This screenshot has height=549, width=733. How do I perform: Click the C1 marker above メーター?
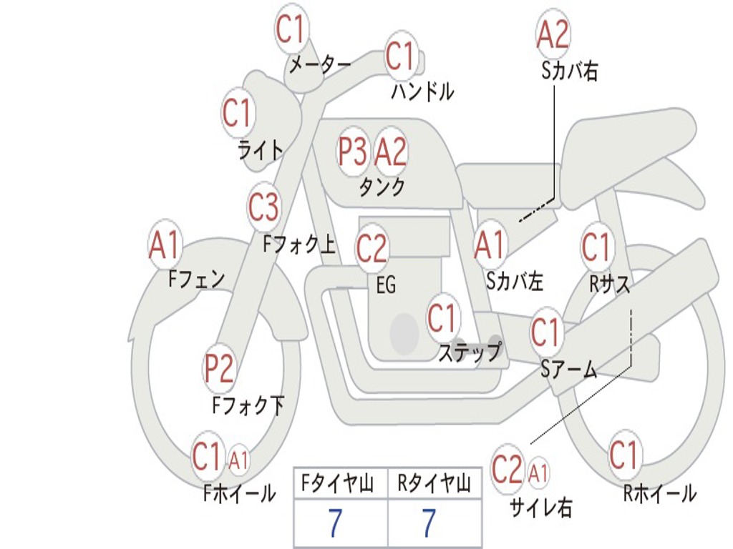click(x=291, y=28)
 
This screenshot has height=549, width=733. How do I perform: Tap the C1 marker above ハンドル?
click(x=401, y=56)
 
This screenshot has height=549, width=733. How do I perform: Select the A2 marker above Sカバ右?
click(x=553, y=33)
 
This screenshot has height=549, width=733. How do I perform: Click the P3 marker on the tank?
click(x=353, y=152)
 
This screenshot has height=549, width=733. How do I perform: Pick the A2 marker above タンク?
click(x=391, y=152)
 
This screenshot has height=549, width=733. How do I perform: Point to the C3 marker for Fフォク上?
click(x=263, y=207)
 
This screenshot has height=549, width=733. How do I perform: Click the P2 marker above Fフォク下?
click(x=219, y=368)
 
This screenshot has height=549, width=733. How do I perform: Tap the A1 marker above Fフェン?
click(x=165, y=244)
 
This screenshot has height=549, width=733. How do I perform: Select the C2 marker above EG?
click(x=372, y=247)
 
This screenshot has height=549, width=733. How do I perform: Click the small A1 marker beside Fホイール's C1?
click(x=238, y=460)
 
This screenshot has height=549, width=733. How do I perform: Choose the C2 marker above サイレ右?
click(x=508, y=468)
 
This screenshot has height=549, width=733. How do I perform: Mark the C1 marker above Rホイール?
click(x=624, y=454)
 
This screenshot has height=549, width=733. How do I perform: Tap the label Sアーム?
click(x=569, y=370)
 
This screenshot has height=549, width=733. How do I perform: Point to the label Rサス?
click(x=609, y=283)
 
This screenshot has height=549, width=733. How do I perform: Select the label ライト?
click(x=261, y=150)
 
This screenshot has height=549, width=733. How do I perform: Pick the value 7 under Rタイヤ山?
click(x=429, y=523)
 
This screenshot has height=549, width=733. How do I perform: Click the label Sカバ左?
click(x=515, y=281)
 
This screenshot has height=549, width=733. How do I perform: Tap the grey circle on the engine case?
click(x=404, y=333)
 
